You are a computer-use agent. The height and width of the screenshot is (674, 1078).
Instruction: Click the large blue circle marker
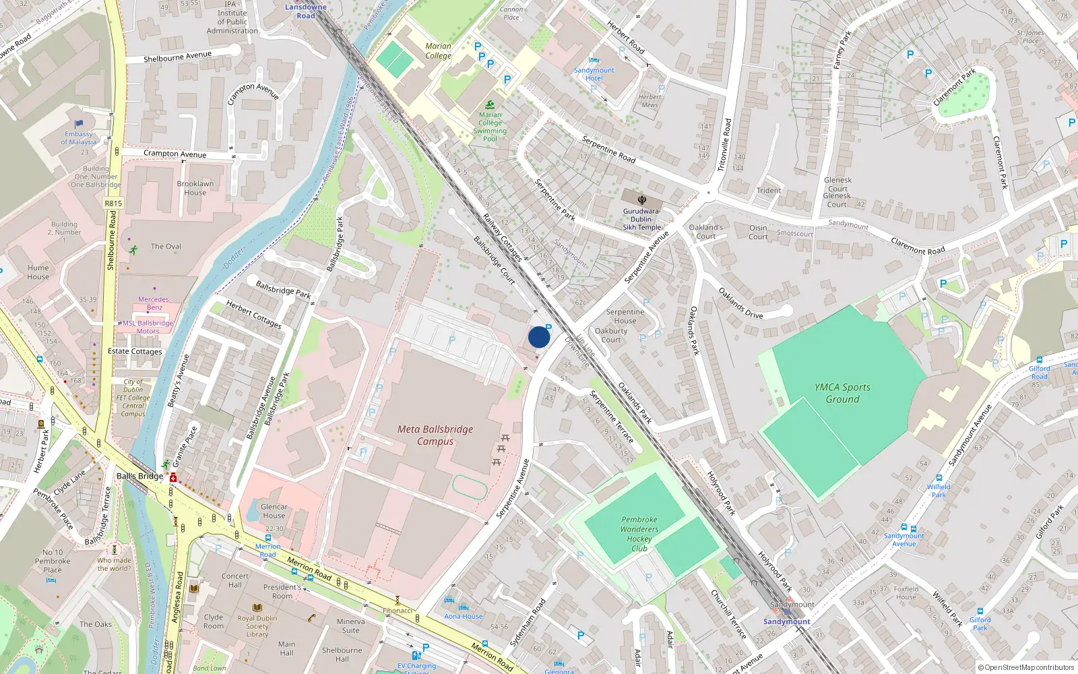(x=539, y=337)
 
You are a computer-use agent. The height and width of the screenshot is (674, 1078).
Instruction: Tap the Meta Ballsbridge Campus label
(x=435, y=435)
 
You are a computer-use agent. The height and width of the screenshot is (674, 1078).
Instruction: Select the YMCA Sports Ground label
(x=842, y=393)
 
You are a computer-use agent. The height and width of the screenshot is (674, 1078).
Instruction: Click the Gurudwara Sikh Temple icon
(x=642, y=200)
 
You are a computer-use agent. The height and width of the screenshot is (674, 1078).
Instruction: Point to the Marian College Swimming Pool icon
(x=490, y=104)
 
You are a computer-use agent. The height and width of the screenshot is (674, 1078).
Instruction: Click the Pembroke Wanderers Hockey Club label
(x=639, y=534)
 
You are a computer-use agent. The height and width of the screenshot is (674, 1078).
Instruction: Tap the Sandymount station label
(x=786, y=621)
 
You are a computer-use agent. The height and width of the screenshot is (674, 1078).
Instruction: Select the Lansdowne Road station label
(x=306, y=11)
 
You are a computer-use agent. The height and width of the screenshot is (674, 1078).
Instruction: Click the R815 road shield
(x=113, y=203)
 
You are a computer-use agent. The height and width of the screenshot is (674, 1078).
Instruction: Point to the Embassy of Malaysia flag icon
(x=79, y=124)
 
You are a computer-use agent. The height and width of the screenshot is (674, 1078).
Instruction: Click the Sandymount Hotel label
(x=594, y=74)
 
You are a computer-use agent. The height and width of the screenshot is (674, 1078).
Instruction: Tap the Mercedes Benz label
(x=154, y=303)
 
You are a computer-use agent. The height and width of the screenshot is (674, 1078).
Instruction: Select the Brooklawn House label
(x=195, y=188)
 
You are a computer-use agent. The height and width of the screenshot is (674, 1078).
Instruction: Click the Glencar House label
(x=274, y=511)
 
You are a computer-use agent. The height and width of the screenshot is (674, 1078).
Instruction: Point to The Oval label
(x=166, y=247)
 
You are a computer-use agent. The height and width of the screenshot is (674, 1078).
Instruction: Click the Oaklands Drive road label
(x=740, y=303)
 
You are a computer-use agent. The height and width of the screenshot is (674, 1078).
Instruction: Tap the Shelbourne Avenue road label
(x=177, y=57)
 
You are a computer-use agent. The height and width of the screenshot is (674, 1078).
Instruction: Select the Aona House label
(x=464, y=616)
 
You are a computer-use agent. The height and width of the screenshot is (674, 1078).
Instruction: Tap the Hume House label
(x=38, y=272)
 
